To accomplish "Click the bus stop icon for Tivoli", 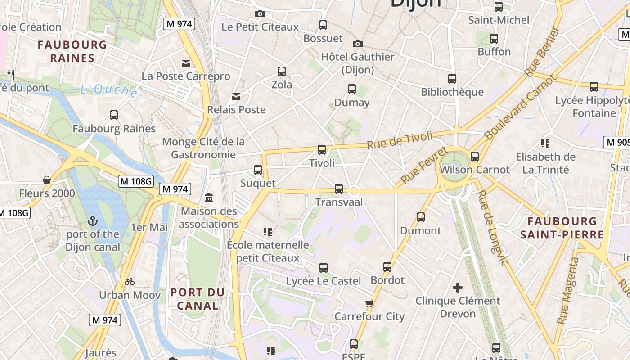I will pos(322,150).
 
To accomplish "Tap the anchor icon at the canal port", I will pos(93,221).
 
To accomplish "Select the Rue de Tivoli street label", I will pos(400,140).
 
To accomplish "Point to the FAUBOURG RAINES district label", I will pos(72,51).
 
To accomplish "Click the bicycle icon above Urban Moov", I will pos(130,282).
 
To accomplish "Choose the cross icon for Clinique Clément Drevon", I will pos(458,288).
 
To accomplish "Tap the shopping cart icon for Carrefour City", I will pos(369,303).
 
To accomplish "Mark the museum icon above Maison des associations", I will pos(209,198).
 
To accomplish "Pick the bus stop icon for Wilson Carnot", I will pos(475,157).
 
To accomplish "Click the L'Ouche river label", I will pos(109,90).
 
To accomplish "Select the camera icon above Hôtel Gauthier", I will pos(358,44).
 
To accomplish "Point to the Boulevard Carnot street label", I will pos(521,107).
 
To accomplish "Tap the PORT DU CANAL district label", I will pos(198,299).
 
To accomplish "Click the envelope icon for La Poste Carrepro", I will pos(186,63).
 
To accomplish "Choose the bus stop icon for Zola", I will pos(282,71).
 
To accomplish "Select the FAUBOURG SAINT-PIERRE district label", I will pos(562,228).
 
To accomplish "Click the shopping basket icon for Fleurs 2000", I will pos(47,180).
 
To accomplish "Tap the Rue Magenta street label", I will pos(568,291).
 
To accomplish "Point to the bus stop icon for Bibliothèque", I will pos(452,79).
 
